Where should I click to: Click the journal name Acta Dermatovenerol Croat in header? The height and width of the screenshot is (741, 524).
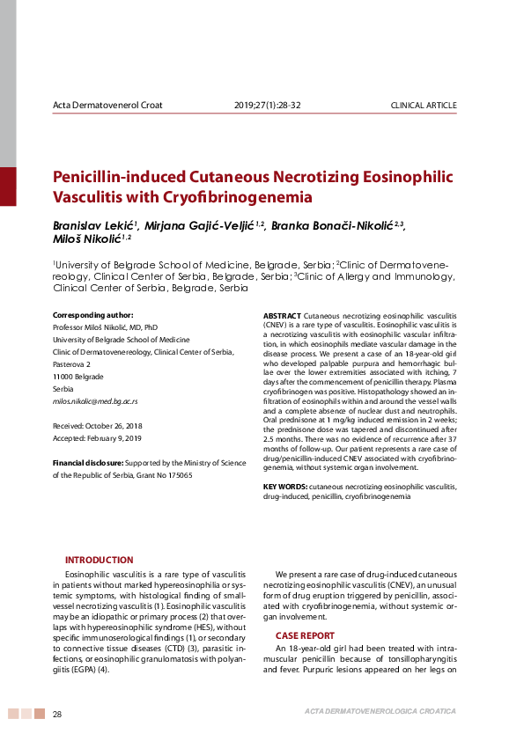click(x=107, y=106)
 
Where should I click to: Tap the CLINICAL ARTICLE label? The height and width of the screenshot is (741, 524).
click(x=424, y=106)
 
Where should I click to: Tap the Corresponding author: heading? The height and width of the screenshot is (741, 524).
click(x=93, y=315)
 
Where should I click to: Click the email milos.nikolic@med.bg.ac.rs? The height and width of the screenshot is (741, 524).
click(x=95, y=401)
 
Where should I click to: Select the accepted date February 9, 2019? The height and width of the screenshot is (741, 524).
click(x=118, y=437)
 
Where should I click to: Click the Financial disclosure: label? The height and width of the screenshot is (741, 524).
click(x=88, y=462)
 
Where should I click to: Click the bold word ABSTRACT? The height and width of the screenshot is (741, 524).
click(x=282, y=315)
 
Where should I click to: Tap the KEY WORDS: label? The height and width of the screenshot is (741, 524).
click(x=285, y=486)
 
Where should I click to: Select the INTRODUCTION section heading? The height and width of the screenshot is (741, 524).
click(x=100, y=560)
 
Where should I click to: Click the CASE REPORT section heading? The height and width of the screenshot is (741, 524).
click(x=305, y=635)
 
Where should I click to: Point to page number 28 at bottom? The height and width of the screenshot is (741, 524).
click(x=58, y=713)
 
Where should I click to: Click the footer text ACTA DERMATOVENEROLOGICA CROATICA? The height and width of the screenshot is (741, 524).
click(x=380, y=710)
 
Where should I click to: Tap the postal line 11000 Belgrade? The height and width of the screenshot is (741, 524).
click(x=78, y=377)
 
